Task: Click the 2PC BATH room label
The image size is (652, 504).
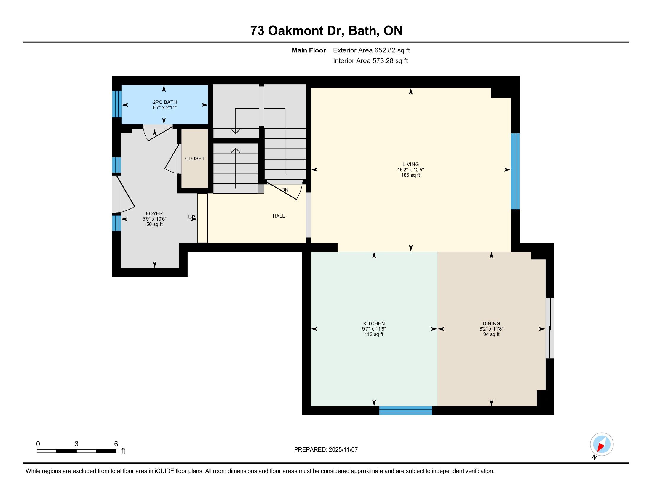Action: pyautogui.click(x=165, y=102)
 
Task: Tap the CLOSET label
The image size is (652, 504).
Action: pyautogui.click(x=195, y=159)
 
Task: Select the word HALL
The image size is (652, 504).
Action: pyautogui.click(x=279, y=216)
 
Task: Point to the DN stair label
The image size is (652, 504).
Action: pyautogui.click(x=285, y=190)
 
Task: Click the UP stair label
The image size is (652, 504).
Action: pyautogui.click(x=191, y=217)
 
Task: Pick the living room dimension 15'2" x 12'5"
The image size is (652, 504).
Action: pyautogui.click(x=410, y=170)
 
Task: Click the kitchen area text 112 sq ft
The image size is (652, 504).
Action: pyautogui.click(x=374, y=334)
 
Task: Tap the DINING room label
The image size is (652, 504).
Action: pyautogui.click(x=491, y=323)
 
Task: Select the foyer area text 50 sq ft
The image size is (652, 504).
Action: pyautogui.click(x=154, y=224)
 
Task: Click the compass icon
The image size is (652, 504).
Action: pyautogui.click(x=602, y=444)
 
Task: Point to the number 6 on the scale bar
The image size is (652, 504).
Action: pyautogui.click(x=116, y=444)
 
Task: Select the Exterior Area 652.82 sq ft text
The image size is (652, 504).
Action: pyautogui.click(x=371, y=50)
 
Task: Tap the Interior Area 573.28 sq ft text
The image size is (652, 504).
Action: pyautogui.click(x=370, y=60)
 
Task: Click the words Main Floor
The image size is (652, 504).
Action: pyautogui.click(x=309, y=50)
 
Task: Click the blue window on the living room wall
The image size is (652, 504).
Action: pyautogui.click(x=515, y=171)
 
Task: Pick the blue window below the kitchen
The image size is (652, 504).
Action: pyautogui.click(x=406, y=411)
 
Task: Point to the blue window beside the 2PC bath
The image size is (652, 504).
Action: pyautogui.click(x=117, y=104)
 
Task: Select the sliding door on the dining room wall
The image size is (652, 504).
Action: pyautogui.click(x=550, y=328)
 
